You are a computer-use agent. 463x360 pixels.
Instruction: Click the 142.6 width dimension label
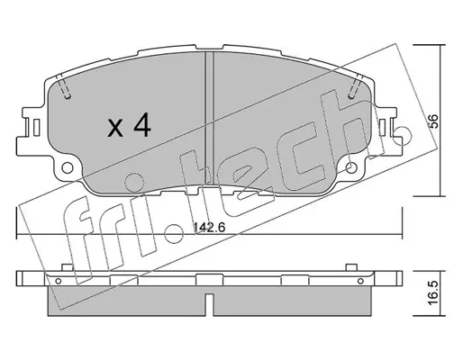pos(209,228)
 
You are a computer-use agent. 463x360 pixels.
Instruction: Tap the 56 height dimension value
pos(435,121)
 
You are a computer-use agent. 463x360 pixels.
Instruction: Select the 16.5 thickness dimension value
pos(435,293)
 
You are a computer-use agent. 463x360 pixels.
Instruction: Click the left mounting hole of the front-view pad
pos(68,167)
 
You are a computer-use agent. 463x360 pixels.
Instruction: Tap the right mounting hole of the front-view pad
pos(351,167)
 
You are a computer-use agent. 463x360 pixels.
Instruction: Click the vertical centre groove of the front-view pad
pos(209,118)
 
